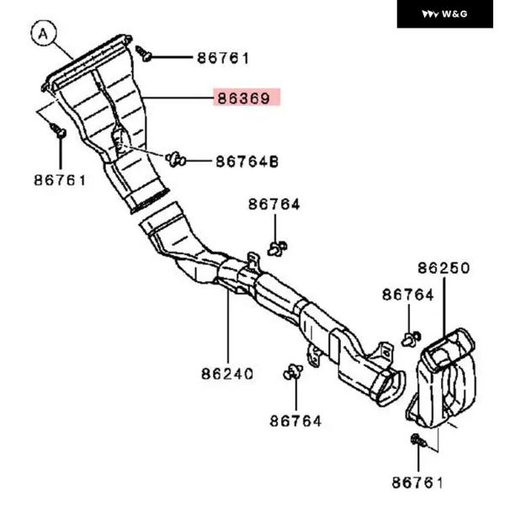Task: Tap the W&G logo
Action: (x=444, y=13)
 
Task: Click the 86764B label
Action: (x=247, y=160)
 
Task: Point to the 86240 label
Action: (x=227, y=373)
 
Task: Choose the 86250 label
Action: (x=443, y=268)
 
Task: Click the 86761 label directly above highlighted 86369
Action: (x=223, y=58)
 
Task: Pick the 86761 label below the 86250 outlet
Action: (x=417, y=482)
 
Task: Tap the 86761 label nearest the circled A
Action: (x=60, y=179)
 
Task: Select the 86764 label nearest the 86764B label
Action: (x=274, y=205)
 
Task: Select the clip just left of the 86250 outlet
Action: (x=410, y=338)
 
